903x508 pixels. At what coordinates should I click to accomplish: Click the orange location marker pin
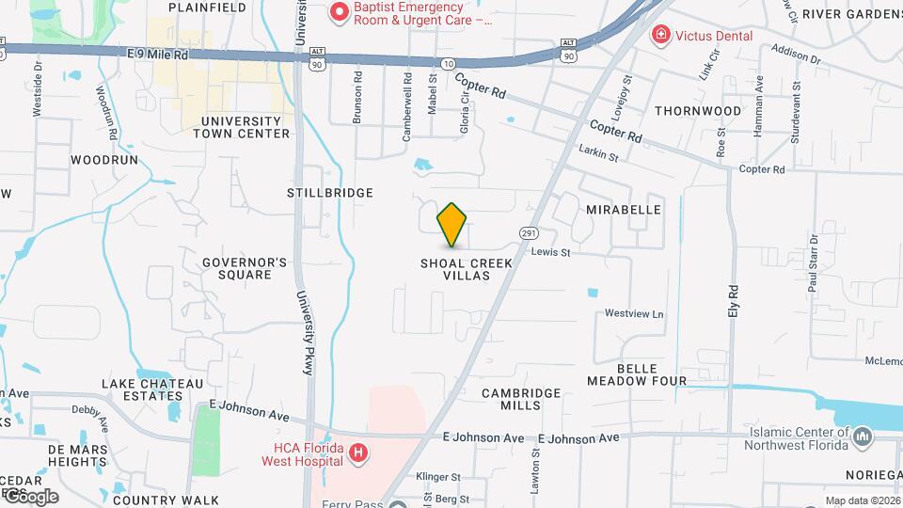click(452, 225)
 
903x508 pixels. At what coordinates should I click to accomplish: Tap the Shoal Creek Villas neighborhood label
click(467, 270)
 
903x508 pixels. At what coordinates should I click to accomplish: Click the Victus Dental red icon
click(661, 36)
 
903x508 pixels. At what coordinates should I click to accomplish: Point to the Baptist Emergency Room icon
click(338, 13)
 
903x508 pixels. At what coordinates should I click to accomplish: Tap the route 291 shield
click(529, 231)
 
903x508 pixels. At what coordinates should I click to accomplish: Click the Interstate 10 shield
click(447, 62)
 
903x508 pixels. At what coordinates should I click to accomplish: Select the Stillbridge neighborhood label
click(329, 192)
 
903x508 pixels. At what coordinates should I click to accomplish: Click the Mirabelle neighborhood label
click(623, 210)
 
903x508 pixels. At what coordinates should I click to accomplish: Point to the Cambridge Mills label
click(521, 399)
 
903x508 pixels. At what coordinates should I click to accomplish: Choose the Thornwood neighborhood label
click(698, 111)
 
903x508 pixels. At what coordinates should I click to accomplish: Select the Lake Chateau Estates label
click(152, 390)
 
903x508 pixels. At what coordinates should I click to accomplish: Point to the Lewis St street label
click(550, 252)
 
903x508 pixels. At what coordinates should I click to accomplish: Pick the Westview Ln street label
click(634, 313)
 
